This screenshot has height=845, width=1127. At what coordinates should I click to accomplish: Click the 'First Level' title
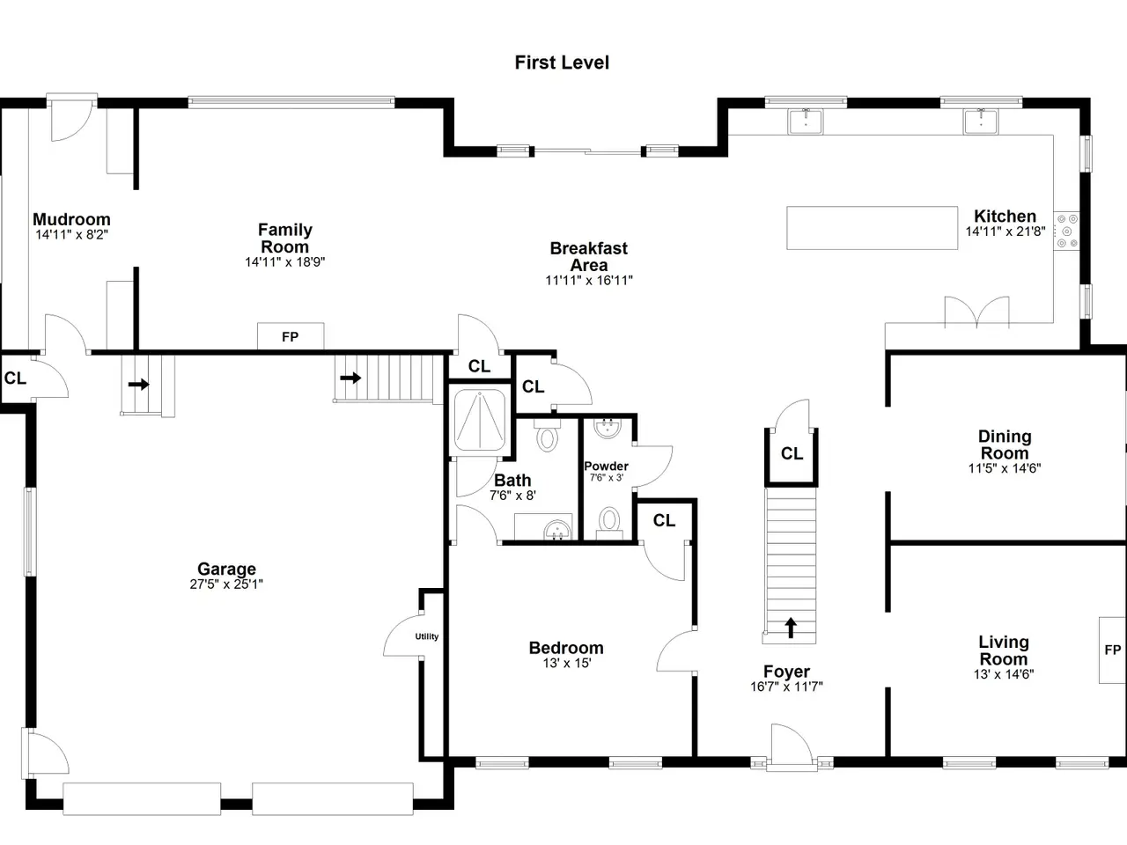(x=562, y=62)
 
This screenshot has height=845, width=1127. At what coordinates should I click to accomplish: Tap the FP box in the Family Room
(x=291, y=336)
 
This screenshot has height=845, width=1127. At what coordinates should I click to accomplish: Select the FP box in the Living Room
(x=1113, y=650)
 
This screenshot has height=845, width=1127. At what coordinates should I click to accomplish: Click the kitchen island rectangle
(x=873, y=228)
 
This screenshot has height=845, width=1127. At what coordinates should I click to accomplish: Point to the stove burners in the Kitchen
(x=1067, y=231)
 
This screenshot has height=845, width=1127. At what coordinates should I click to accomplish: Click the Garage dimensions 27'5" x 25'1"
(x=226, y=584)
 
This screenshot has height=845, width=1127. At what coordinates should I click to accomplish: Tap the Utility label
(x=427, y=636)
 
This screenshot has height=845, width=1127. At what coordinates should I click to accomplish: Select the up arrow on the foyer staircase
(x=791, y=628)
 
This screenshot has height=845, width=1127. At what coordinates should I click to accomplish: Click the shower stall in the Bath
(x=480, y=420)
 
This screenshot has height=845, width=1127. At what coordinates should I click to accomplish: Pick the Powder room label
(x=606, y=466)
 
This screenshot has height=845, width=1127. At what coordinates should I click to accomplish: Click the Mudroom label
(x=72, y=219)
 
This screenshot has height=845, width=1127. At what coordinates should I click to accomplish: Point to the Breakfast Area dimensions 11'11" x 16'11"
(x=589, y=280)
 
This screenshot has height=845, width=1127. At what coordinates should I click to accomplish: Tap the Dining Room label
(x=1005, y=445)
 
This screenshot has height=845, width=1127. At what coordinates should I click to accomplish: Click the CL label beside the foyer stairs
(x=792, y=453)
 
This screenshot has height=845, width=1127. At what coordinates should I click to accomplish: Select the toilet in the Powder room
(x=609, y=522)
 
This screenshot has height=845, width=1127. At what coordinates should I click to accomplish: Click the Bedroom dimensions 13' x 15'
(x=567, y=663)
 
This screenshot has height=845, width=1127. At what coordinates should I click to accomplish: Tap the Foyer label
(x=786, y=671)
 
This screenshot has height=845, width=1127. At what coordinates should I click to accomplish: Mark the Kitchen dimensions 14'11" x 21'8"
(x=1005, y=231)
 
